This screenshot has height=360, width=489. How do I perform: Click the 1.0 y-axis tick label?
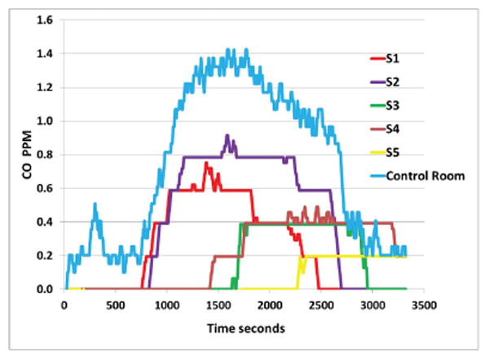tap(48, 121)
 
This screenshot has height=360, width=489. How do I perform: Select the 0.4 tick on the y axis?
tap(48, 222)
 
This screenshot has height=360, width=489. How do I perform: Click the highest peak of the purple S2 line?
tap(227, 135)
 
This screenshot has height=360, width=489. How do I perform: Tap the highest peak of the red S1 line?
tap(206, 163)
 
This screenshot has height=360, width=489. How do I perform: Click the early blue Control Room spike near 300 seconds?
tap(95, 204)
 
